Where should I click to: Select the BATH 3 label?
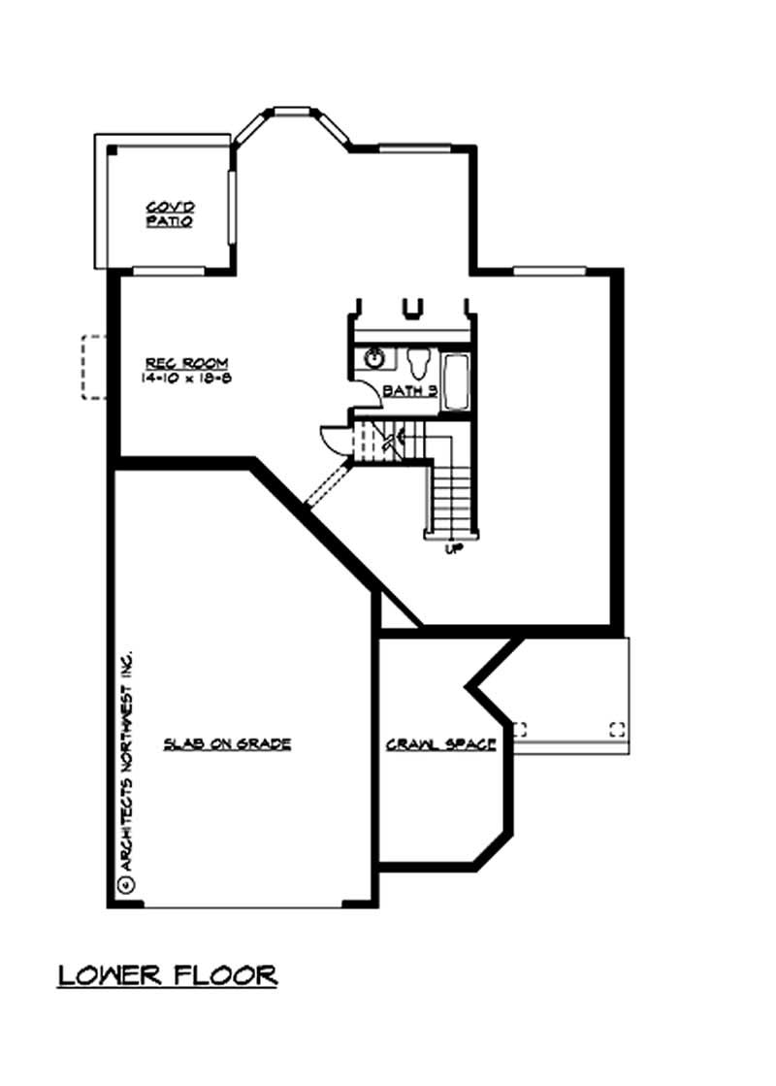[x=410, y=390]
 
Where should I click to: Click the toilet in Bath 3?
[x=420, y=362]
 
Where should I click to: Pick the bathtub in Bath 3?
[x=455, y=381]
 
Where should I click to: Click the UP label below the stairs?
[x=451, y=549]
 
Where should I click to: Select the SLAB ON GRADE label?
[x=227, y=744]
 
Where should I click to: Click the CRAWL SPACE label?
[x=441, y=745]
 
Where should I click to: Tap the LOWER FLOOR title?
[x=168, y=973]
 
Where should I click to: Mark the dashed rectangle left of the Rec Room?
[x=93, y=367]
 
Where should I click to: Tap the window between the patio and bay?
[x=231, y=207]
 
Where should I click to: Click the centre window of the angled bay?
[x=291, y=110]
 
